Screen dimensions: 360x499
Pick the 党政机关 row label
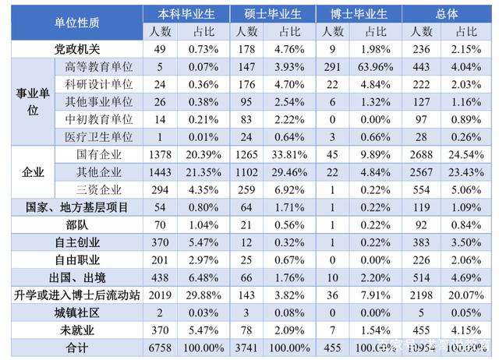pos(75,49)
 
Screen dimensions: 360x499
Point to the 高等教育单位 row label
pos(99,67)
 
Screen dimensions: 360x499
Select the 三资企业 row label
pos(99,189)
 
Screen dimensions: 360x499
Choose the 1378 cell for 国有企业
pos(158,154)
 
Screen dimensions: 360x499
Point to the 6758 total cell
pos(158,346)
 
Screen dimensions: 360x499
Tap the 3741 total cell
pos(246,346)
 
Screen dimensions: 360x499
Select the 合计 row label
pos(75,346)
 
